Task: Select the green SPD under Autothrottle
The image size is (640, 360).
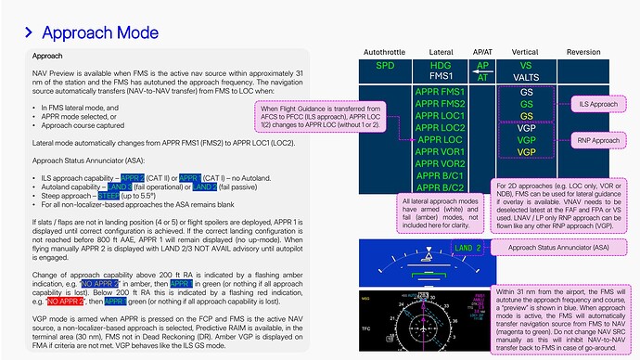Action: [x=378, y=66]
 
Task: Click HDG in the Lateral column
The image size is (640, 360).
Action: [x=442, y=66]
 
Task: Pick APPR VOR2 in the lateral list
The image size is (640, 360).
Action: [x=442, y=163]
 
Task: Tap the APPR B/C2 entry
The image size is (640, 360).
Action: [x=442, y=187]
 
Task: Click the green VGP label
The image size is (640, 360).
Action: [x=527, y=139]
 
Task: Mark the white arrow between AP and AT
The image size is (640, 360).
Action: [x=482, y=72]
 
